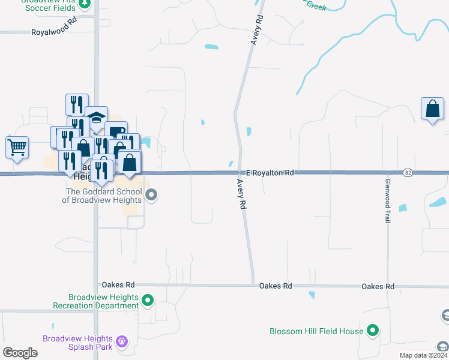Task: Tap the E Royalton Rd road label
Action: [270, 173]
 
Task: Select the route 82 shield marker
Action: [408, 173]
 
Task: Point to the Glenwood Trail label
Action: [388, 200]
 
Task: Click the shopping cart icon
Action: [17, 146]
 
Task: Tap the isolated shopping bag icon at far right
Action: [432, 109]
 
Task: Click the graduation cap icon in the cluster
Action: [96, 118]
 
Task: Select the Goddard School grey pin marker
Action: [151, 195]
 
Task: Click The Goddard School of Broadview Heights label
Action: [104, 196]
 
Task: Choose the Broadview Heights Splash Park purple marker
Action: [122, 341]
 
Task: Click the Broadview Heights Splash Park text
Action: [79, 342]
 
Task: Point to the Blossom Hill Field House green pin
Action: [373, 330]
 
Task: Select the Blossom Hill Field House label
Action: [316, 331]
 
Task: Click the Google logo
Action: [20, 353]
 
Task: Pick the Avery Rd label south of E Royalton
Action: [241, 194]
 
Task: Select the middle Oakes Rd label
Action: [276, 286]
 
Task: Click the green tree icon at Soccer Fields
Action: [85, 4]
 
